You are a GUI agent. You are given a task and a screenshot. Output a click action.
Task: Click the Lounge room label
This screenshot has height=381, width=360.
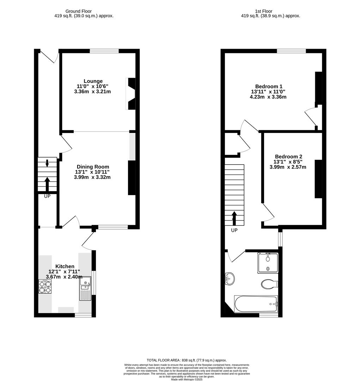[x=93, y=81]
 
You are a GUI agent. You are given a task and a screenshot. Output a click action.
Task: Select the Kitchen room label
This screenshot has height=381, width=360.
[x=65, y=266]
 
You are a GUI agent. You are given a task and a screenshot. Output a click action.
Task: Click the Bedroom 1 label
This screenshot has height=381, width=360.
[x=269, y=86]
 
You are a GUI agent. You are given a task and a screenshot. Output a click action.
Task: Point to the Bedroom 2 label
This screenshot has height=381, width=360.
[x=288, y=157]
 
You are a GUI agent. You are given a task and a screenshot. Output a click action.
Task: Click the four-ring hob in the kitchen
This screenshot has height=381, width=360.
[x=45, y=286]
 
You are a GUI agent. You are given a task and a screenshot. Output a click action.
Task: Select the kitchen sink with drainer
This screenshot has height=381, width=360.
[x=85, y=288]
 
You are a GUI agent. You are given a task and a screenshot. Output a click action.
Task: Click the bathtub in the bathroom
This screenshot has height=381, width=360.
[x=256, y=304]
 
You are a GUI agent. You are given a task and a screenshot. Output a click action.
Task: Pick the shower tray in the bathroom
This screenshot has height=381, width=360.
[x=268, y=263]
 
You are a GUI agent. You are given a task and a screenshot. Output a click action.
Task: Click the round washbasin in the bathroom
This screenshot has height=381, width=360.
[x=230, y=279]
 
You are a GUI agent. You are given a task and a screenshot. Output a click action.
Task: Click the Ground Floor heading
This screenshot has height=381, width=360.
[x=79, y=11]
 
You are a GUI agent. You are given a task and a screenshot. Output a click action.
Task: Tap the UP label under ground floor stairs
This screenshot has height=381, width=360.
[x=47, y=196]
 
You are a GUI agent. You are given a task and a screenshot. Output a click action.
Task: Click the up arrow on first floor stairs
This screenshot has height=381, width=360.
[x=234, y=218]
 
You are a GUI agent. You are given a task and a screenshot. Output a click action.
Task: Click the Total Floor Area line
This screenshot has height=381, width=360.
[x=187, y=360]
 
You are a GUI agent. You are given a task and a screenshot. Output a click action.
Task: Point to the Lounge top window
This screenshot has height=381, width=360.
[x=104, y=51]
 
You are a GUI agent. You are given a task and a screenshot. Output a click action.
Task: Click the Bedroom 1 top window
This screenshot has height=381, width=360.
[x=291, y=51]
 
